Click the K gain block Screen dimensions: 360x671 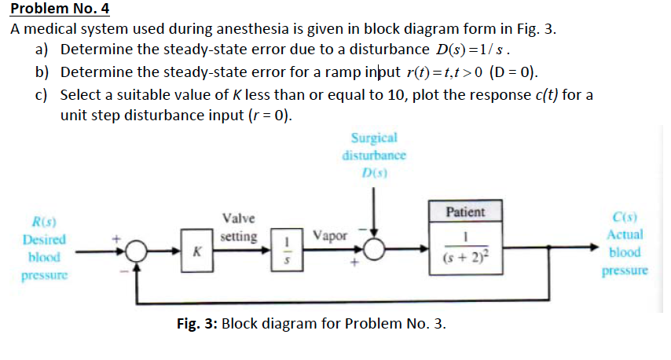196,250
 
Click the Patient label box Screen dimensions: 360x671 465,211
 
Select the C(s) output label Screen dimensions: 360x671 625,218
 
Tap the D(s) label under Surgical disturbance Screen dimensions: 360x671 374,171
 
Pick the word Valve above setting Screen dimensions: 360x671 237,219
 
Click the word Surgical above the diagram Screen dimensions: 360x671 374,138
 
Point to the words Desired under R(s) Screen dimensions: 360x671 45,240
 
